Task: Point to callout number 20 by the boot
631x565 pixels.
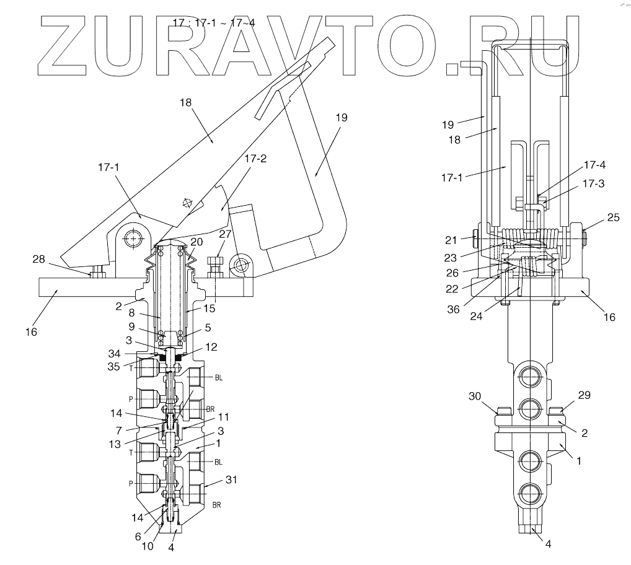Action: click(196, 242)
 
